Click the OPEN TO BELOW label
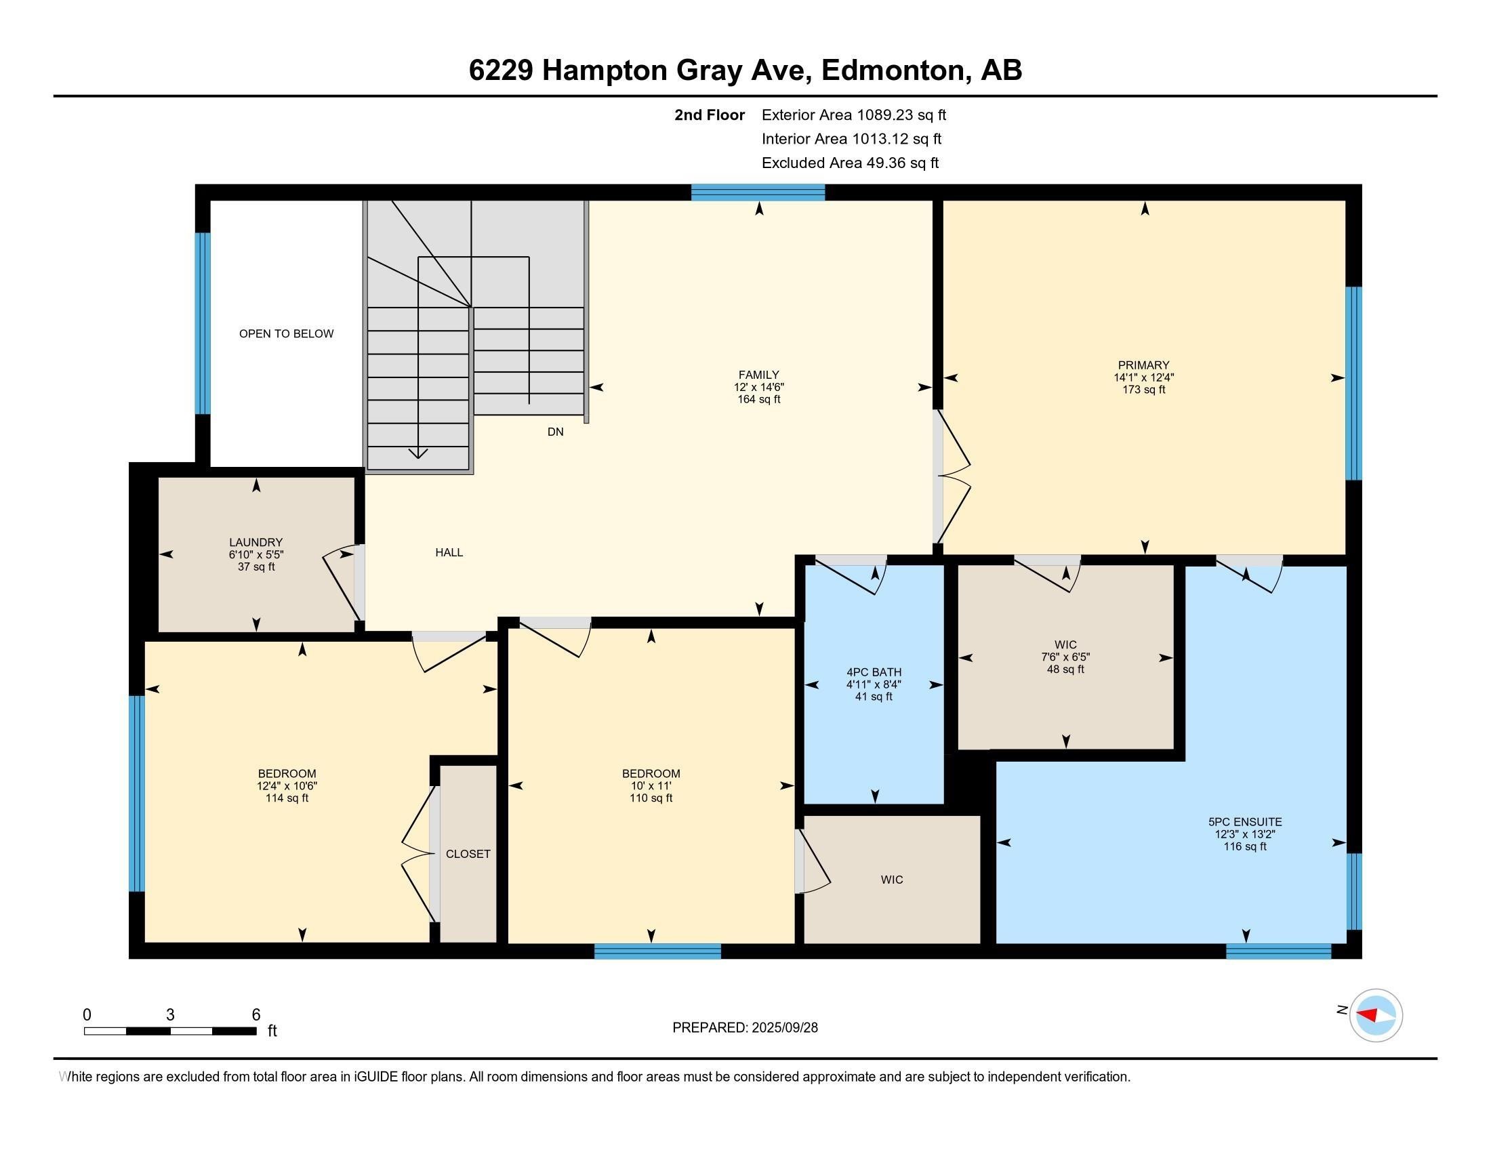click(x=286, y=333)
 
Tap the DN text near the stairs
click(x=555, y=432)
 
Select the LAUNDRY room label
click(x=256, y=543)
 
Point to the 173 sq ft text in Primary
click(x=1143, y=390)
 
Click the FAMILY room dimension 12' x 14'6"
click(x=758, y=387)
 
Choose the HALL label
click(x=449, y=553)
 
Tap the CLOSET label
click(x=468, y=854)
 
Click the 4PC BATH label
click(x=874, y=672)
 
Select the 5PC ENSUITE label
click(x=1244, y=823)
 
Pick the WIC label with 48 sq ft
click(x=1065, y=645)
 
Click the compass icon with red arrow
click(x=1376, y=1016)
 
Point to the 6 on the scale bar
click(x=256, y=1015)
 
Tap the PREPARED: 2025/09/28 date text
click(x=745, y=1028)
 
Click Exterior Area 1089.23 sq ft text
click(x=853, y=115)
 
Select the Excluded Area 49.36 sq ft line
click(x=850, y=163)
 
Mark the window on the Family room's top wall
click(x=758, y=192)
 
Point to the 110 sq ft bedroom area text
click(x=651, y=798)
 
